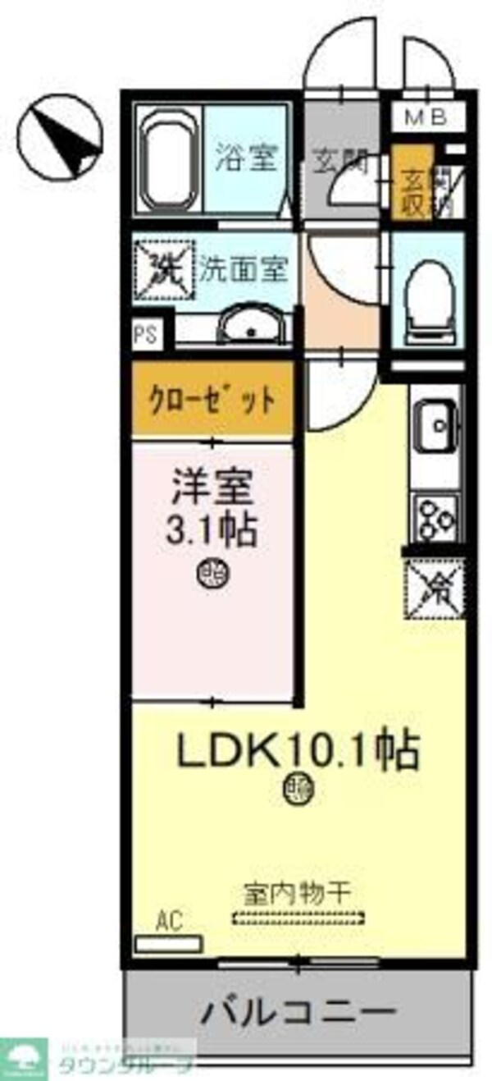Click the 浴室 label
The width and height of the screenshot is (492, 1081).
(x=244, y=157)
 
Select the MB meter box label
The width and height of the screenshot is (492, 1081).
(x=426, y=117)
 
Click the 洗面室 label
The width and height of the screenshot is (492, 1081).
(x=244, y=269)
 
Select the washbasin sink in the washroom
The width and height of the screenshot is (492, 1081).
(x=253, y=326)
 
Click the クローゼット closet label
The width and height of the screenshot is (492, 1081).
(x=211, y=401)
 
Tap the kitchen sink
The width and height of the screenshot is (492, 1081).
(x=437, y=428)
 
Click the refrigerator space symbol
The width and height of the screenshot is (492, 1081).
(x=435, y=584)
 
